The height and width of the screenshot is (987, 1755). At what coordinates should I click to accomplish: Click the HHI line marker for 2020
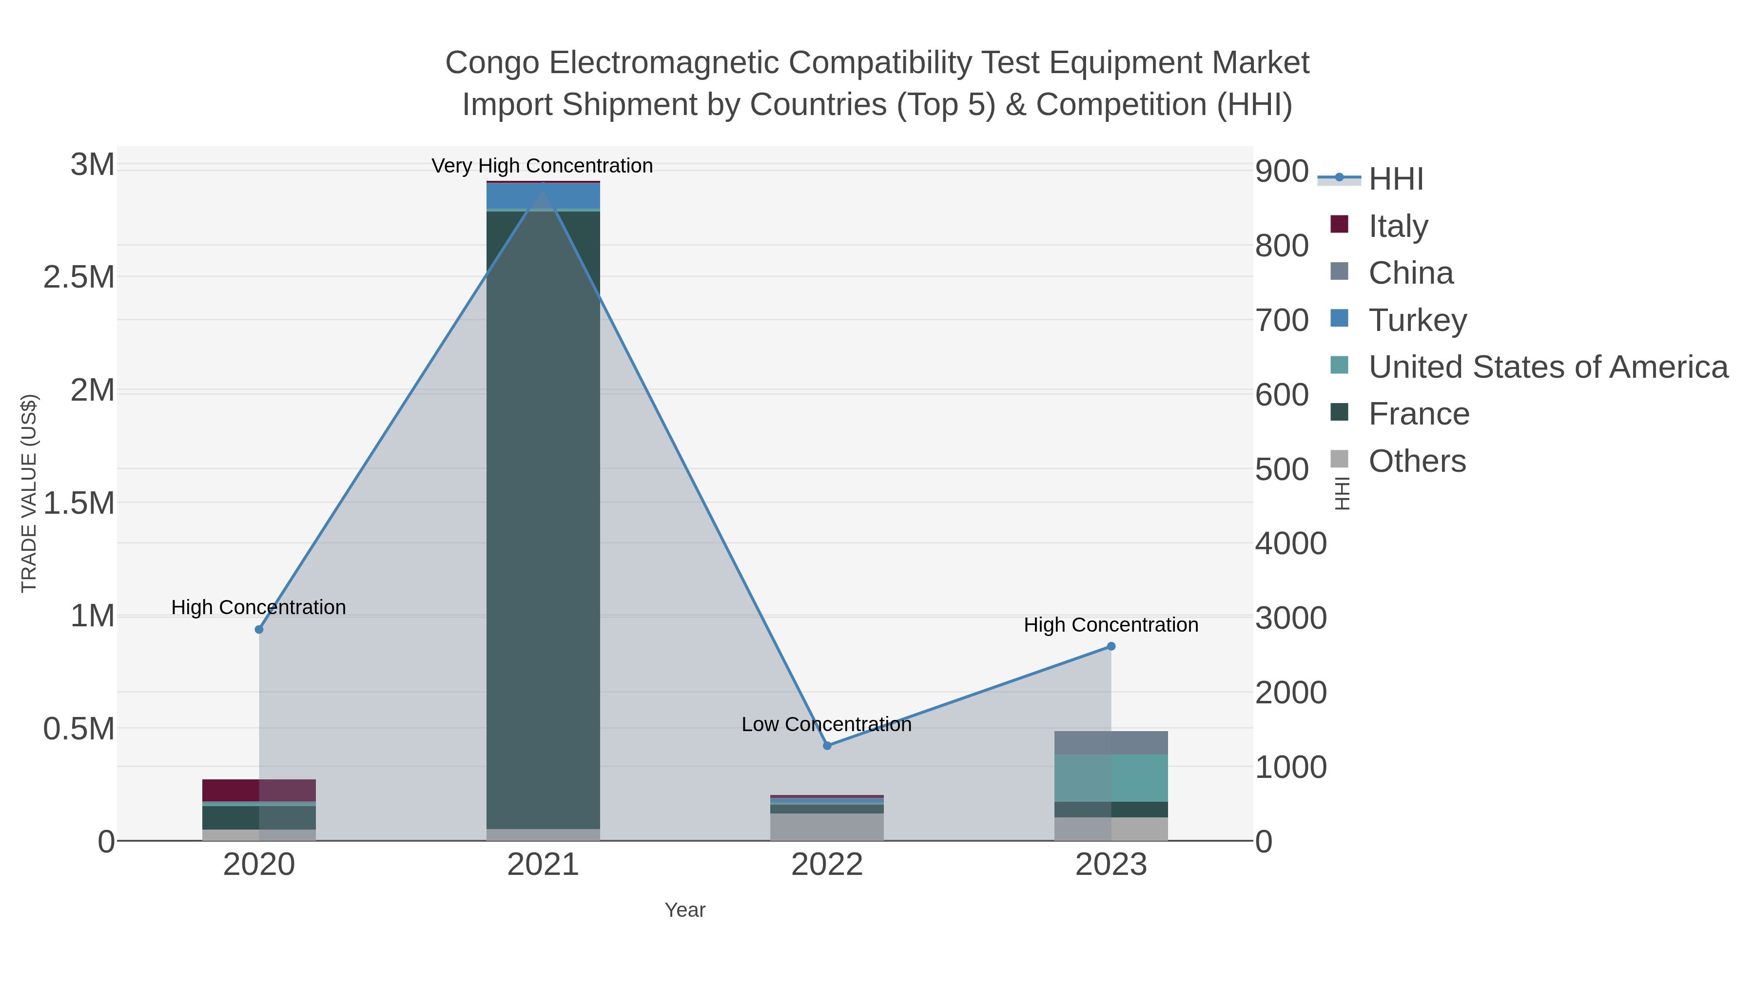(x=259, y=629)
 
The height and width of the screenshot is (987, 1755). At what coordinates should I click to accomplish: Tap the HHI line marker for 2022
(x=827, y=746)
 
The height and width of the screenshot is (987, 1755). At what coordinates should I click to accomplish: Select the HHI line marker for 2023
(x=1111, y=646)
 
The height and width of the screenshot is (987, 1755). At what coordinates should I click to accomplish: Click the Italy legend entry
(x=1398, y=226)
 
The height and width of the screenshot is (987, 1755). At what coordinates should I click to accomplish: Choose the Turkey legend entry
(x=1417, y=320)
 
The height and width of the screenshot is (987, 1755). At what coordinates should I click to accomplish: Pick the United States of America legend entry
(x=1548, y=367)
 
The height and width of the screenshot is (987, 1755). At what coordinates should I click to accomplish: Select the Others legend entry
(x=1417, y=461)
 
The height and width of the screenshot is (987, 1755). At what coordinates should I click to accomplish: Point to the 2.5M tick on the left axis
(x=79, y=277)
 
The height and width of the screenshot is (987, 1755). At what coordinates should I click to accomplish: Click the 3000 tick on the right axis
(x=1290, y=618)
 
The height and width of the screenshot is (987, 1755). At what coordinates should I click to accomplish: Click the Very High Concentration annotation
(x=542, y=166)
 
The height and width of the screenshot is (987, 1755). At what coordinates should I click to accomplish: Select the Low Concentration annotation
(x=826, y=724)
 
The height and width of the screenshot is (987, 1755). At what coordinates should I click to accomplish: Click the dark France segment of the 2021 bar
(x=543, y=518)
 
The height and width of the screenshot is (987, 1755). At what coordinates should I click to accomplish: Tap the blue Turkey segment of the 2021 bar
(x=543, y=196)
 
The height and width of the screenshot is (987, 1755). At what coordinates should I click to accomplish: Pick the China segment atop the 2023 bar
(x=1111, y=742)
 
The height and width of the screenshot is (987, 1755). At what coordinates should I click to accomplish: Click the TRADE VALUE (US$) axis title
(x=29, y=493)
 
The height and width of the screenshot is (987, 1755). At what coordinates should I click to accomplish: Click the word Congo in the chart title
(x=492, y=63)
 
